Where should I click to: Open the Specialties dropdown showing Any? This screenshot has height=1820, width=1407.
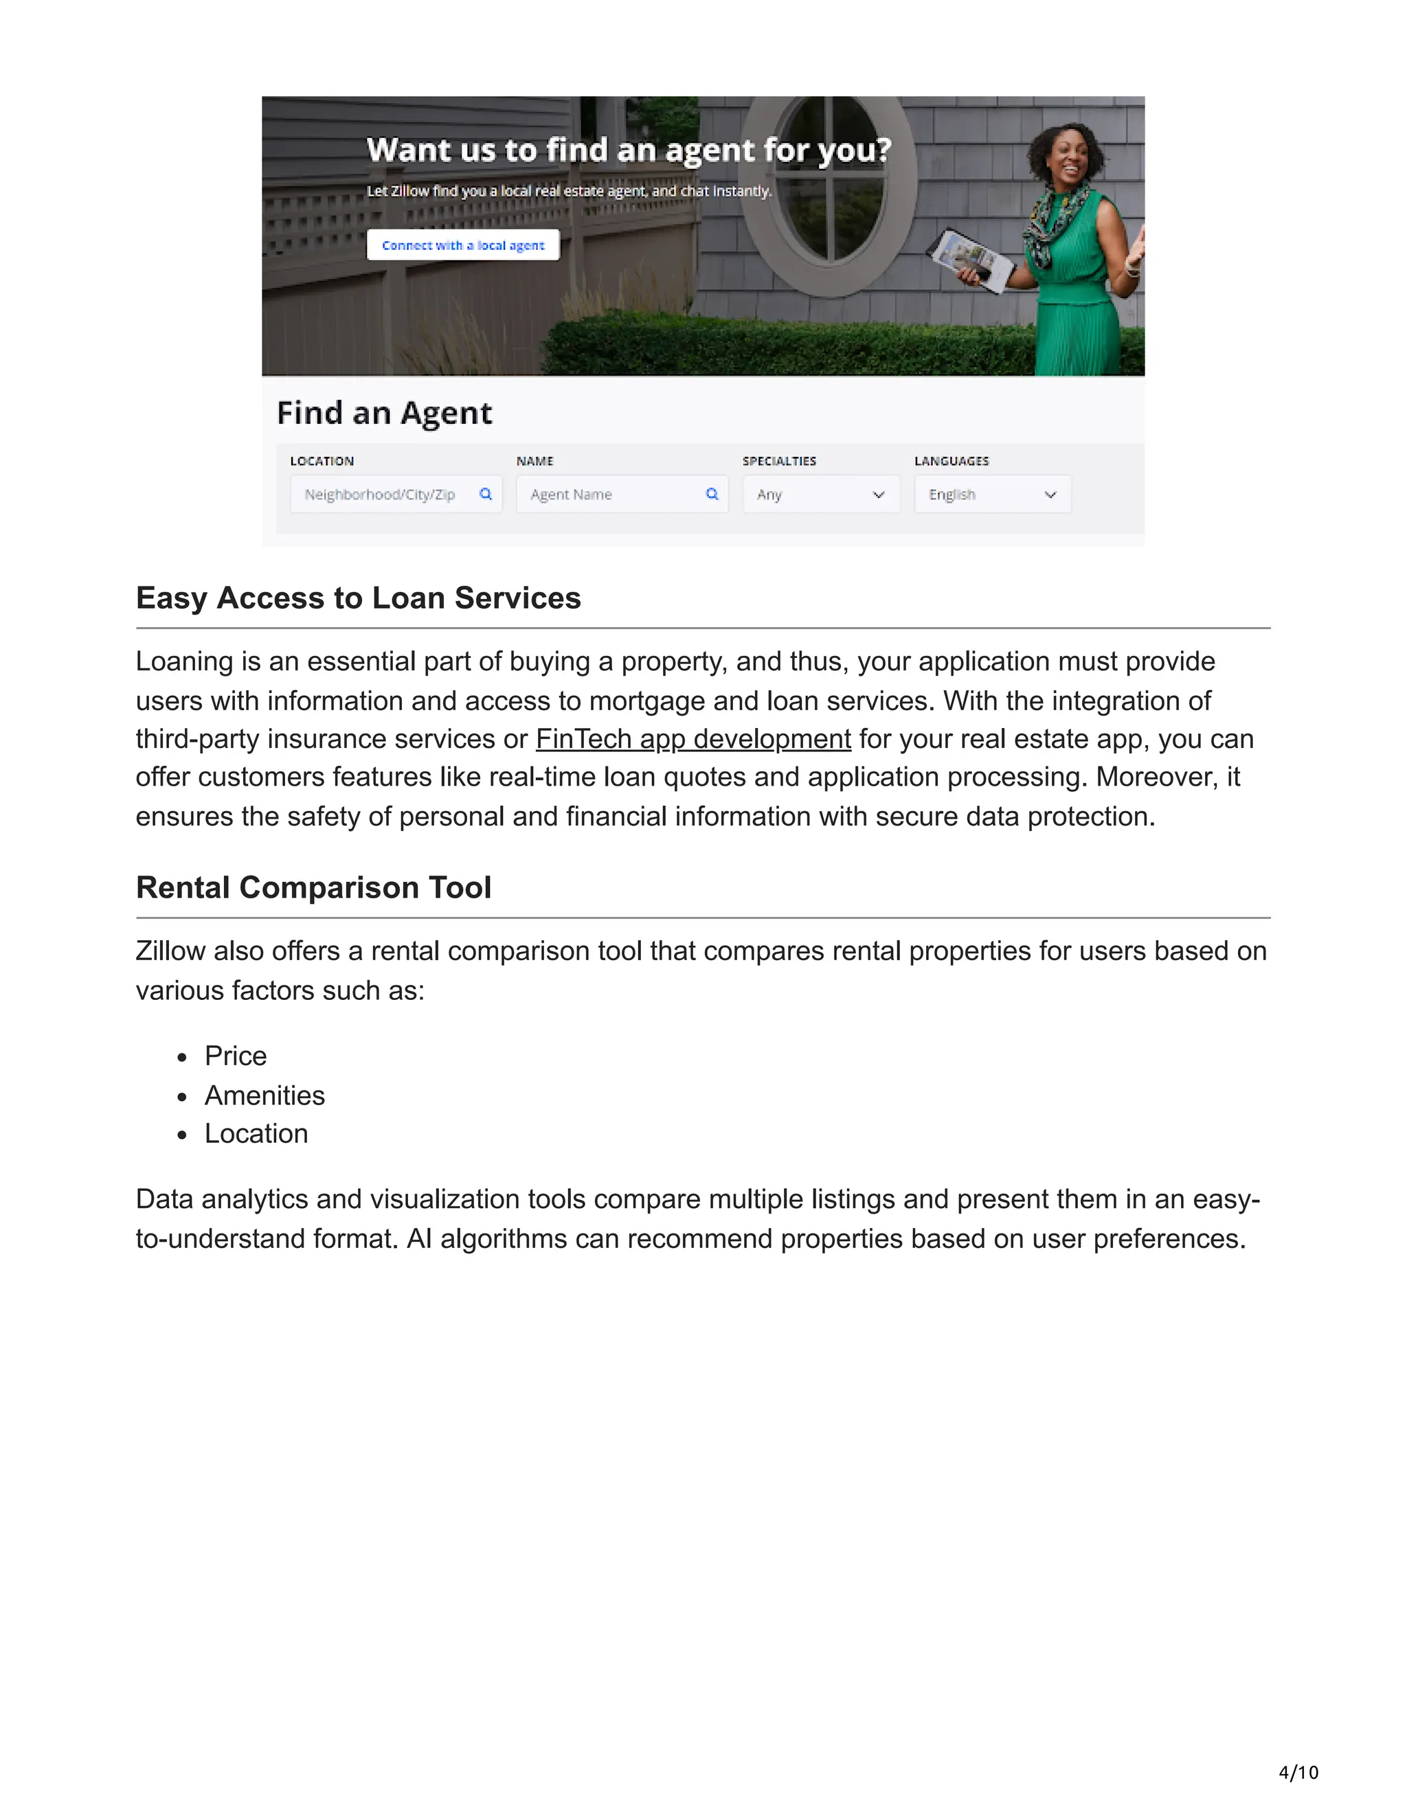[x=820, y=494]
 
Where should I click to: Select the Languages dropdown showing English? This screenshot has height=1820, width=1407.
[x=992, y=494]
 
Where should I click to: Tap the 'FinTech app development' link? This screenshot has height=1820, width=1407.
[x=693, y=739]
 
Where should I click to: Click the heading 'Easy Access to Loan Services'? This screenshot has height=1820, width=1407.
[x=359, y=598]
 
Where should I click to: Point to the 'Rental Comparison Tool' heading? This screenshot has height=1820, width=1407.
[x=313, y=887]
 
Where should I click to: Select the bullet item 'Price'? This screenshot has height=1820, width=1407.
[x=236, y=1056]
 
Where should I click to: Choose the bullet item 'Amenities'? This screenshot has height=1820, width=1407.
[x=265, y=1095]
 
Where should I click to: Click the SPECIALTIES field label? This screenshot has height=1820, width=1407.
[x=779, y=461]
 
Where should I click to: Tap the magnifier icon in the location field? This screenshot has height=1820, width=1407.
[x=486, y=494]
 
